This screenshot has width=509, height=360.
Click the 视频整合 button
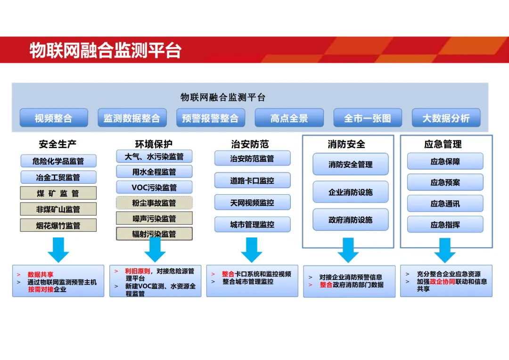click(54, 118)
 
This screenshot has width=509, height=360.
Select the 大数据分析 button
click(446, 118)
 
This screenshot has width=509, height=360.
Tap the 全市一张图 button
click(368, 118)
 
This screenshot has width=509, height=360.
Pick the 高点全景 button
click(289, 118)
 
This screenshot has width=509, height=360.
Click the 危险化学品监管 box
click(58, 161)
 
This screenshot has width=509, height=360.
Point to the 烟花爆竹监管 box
click(58, 225)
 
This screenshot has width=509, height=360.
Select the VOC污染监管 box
click(154, 187)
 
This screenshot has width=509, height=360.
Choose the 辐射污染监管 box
click(154, 234)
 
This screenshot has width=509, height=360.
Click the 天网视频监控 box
click(252, 203)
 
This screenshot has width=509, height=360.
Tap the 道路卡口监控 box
click(252, 180)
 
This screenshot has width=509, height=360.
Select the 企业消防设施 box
click(351, 192)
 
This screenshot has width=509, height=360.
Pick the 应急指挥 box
click(445, 225)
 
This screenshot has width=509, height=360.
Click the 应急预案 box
click(445, 182)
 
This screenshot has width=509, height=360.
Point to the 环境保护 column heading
click(154, 144)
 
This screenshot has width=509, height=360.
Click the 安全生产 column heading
click(57, 144)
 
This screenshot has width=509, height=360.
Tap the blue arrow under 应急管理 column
click(444, 250)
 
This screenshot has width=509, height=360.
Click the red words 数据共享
click(41, 274)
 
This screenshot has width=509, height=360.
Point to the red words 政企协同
click(442, 281)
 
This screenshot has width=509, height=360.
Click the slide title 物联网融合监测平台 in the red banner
click(106, 50)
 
